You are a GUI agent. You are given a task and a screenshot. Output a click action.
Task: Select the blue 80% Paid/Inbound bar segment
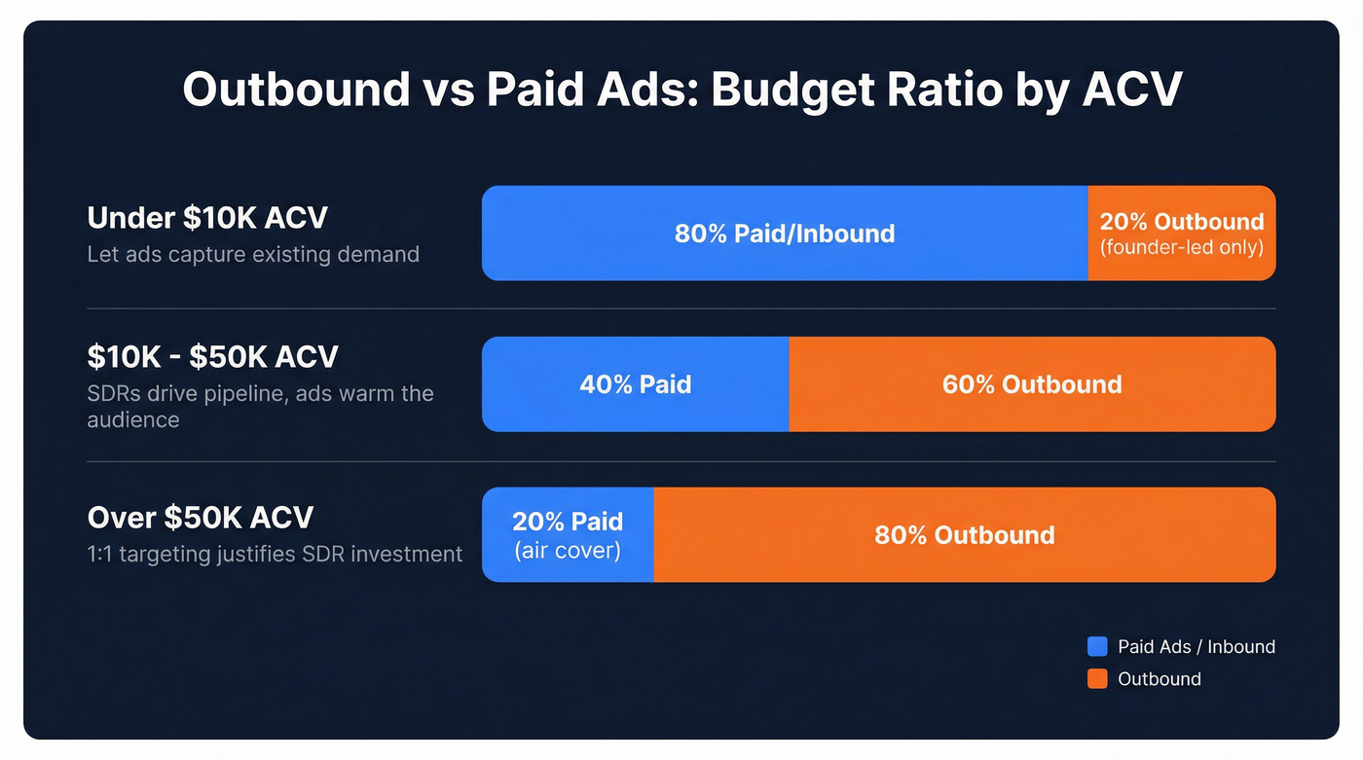(785, 234)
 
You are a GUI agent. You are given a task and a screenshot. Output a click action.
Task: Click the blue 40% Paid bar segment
(635, 384)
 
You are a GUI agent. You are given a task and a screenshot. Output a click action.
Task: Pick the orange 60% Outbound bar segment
(1032, 384)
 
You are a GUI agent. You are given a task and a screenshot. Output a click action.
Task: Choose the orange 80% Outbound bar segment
(964, 535)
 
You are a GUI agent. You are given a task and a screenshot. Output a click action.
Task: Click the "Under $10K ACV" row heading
(207, 217)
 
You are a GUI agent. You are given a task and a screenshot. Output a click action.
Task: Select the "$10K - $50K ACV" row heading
(212, 356)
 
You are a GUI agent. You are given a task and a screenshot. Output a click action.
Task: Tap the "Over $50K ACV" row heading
(201, 517)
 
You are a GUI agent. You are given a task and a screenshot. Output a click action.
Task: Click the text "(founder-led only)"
(1181, 247)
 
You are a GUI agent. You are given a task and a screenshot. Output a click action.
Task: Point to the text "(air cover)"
(568, 550)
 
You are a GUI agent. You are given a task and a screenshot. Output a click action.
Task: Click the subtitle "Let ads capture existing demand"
(253, 254)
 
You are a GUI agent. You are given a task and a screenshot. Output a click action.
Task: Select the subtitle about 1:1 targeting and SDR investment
(275, 554)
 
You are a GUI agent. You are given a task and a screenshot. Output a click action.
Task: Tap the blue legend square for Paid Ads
(1097, 647)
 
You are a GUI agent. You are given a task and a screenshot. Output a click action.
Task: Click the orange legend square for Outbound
(1097, 679)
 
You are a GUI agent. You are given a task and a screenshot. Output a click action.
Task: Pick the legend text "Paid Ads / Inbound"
(1196, 647)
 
